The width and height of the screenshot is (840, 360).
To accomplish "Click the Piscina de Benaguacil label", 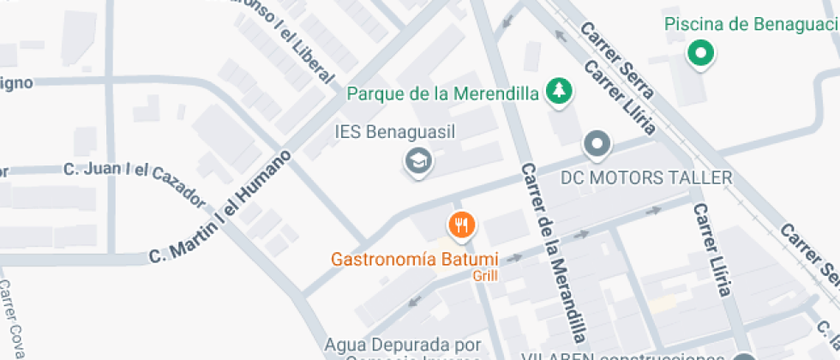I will click(751, 24).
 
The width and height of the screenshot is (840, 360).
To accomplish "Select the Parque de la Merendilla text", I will click(442, 93).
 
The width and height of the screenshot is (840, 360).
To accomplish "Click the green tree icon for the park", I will click(560, 91).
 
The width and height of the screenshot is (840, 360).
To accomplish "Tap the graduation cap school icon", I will click(418, 159).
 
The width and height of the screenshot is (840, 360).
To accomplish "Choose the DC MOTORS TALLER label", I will click(646, 178).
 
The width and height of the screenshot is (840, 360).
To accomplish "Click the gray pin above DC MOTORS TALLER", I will click(597, 144).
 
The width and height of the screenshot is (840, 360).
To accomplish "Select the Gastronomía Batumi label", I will click(415, 258).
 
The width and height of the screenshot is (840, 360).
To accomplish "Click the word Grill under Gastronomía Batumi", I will click(484, 276).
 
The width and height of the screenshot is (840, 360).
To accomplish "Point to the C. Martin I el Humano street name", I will click(220, 207).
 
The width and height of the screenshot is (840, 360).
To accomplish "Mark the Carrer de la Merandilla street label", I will click(555, 252).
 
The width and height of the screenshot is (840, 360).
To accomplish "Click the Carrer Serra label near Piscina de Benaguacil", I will click(618, 58).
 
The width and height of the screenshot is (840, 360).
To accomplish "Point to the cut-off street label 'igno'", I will click(16, 82).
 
